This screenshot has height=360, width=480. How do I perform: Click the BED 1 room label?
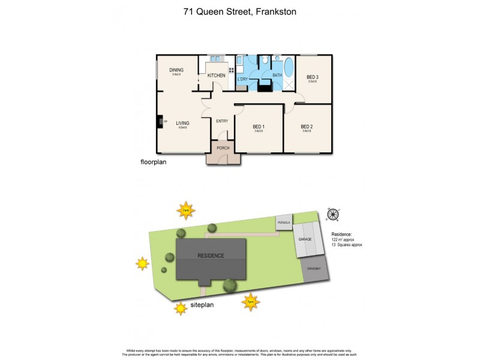[x=259, y=127]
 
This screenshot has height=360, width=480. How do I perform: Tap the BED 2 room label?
[x=307, y=127]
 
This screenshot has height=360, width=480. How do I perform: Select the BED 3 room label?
[x=313, y=77]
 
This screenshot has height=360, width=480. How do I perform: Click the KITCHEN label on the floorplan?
[x=217, y=76]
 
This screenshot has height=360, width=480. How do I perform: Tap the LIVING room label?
[x=182, y=123]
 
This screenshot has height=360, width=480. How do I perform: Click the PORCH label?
[x=223, y=148]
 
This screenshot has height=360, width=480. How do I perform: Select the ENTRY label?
[x=222, y=121]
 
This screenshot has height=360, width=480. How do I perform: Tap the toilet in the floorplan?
[x=265, y=60]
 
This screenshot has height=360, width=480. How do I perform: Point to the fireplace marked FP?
[x=160, y=122]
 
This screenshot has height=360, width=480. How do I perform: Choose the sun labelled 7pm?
[x=250, y=301]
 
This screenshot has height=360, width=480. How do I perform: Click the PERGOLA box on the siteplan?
[x=284, y=222]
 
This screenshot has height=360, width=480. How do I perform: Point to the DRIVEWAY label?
[x=314, y=269]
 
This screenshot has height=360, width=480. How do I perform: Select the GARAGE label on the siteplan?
[x=305, y=239]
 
